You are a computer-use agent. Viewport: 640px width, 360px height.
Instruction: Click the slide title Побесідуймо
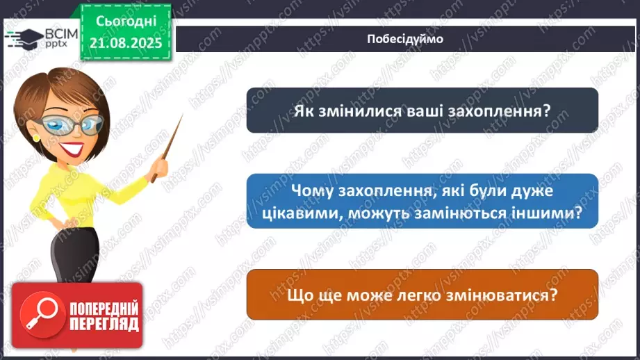[x=404, y=39]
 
